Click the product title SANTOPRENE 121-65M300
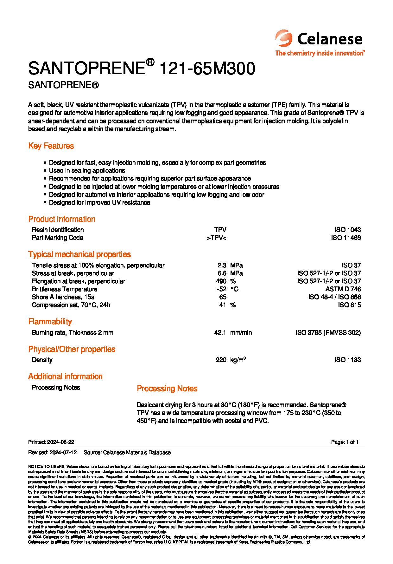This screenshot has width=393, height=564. pos(142,69)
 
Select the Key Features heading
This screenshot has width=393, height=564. pos(51,146)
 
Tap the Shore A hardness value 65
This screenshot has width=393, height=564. pos(223,297)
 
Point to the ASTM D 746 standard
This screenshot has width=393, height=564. pos(343,289)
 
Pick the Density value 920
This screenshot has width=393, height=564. pos(221,360)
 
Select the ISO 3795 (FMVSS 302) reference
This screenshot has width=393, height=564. pos(328,332)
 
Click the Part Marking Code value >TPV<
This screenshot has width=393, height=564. pos(216,238)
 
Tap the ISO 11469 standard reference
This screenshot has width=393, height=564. pos(346,238)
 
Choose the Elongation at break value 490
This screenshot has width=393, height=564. pos(221,281)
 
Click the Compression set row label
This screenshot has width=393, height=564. pos(71,305)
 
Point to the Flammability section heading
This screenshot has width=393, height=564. pos(50,321)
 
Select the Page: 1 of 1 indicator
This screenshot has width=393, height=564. pos(345,442)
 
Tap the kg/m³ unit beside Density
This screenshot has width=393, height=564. pos(238,360)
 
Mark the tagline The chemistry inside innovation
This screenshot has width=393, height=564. pos(320,53)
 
